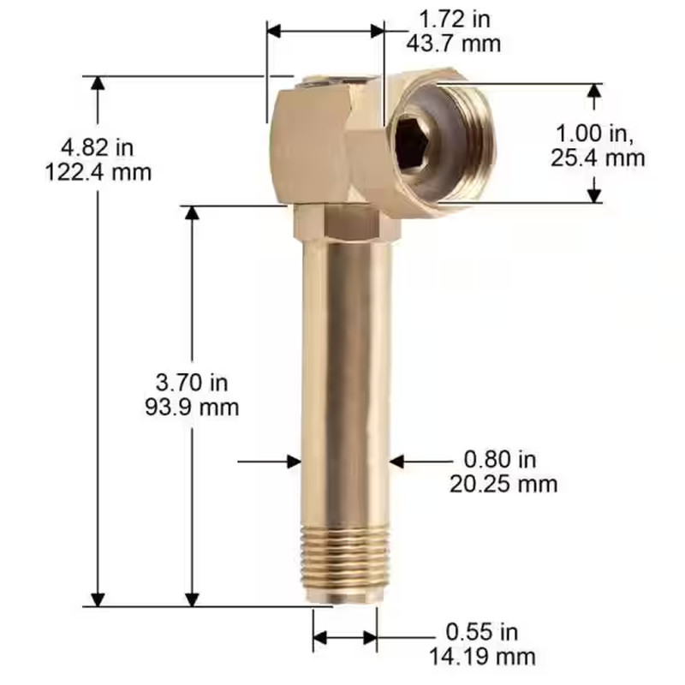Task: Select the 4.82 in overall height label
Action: (98, 148)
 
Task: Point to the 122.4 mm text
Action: (98, 172)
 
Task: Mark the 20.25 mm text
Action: (503, 484)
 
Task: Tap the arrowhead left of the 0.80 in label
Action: (396, 461)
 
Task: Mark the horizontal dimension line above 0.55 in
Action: (345, 637)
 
